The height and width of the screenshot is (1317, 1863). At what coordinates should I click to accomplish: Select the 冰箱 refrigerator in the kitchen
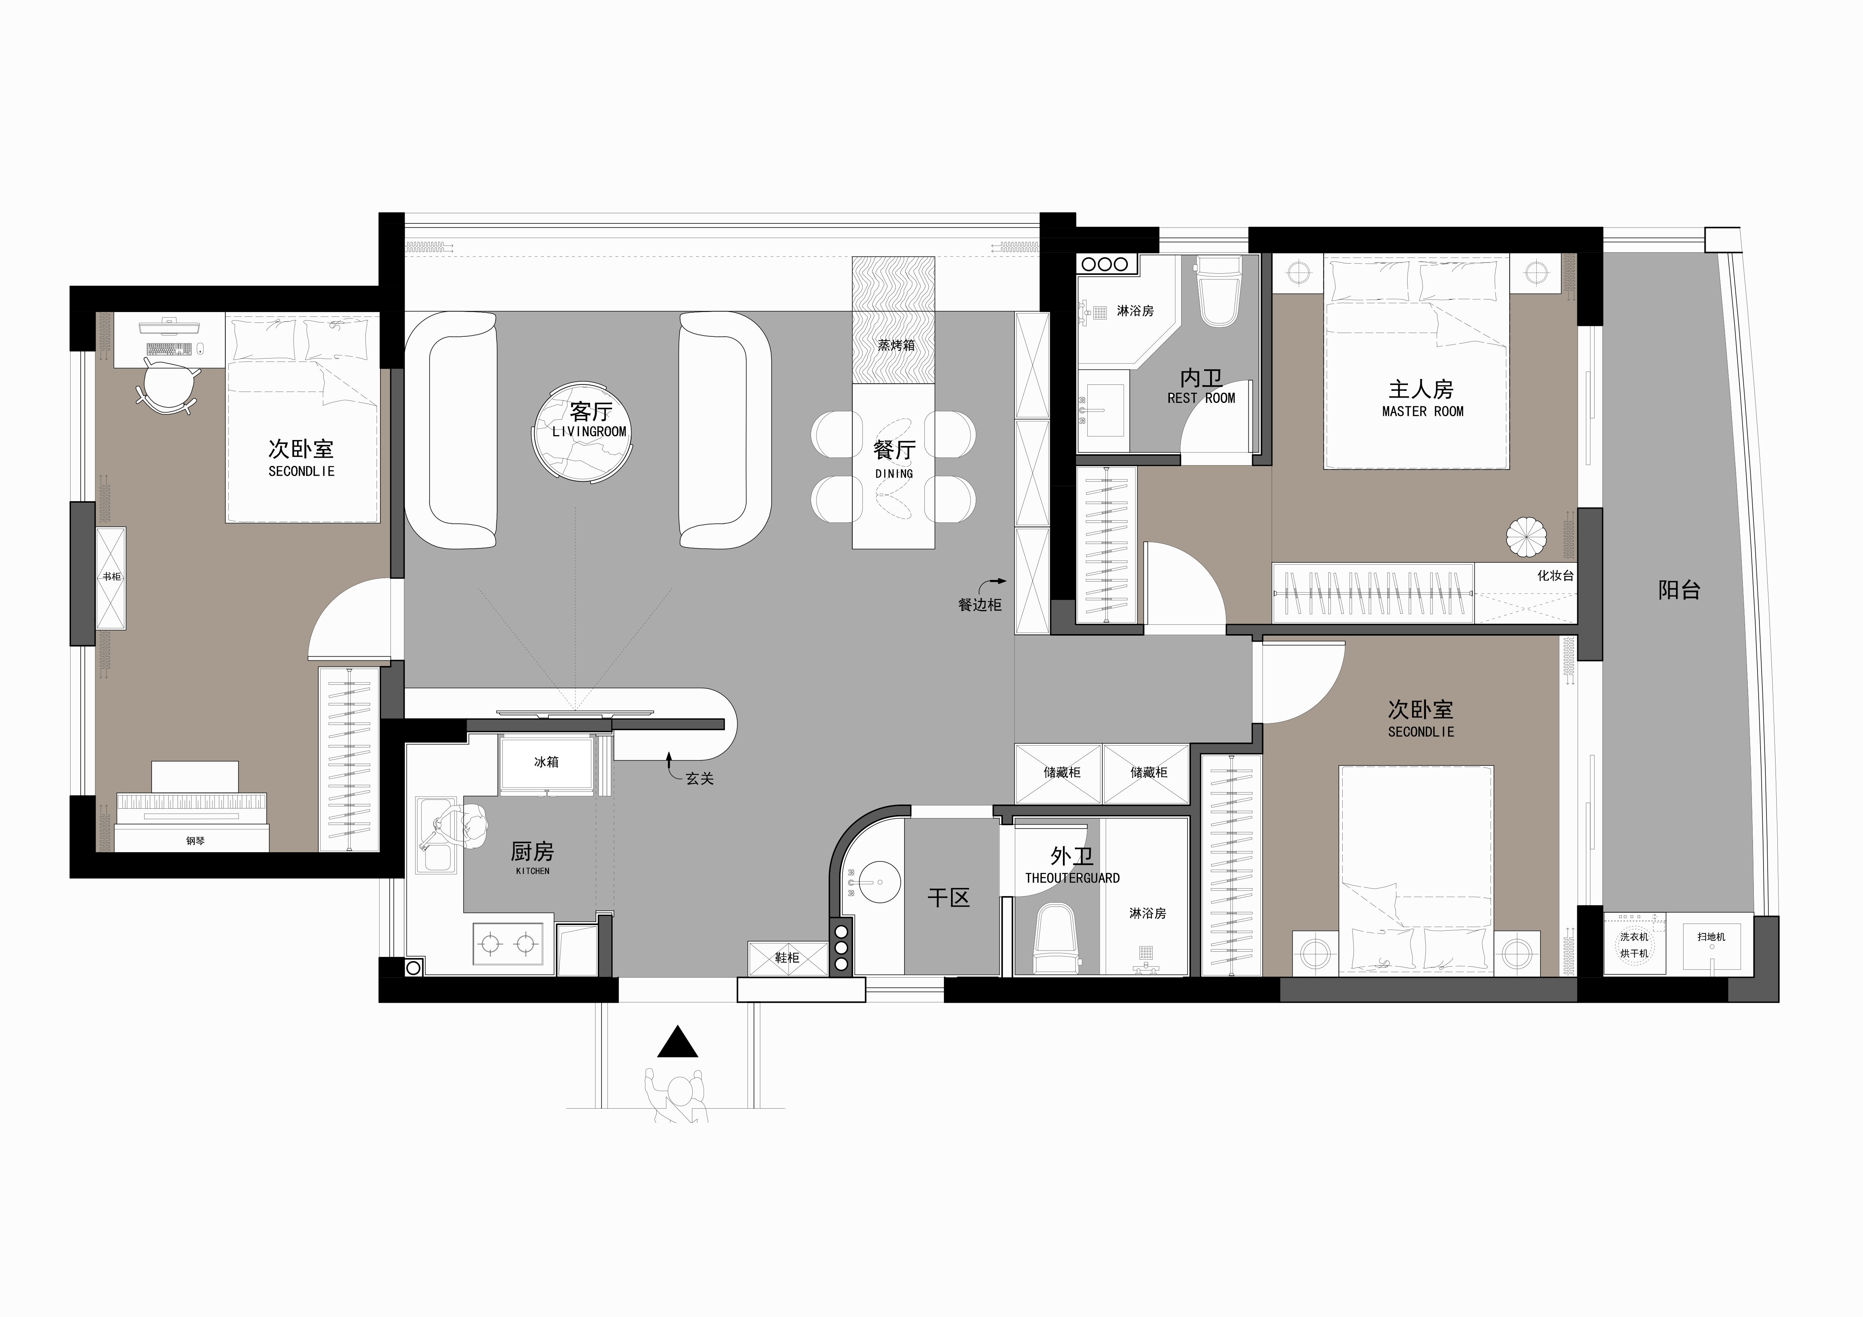pyautogui.click(x=546, y=762)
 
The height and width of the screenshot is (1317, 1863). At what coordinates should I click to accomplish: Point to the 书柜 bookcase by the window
pyautogui.click(x=111, y=577)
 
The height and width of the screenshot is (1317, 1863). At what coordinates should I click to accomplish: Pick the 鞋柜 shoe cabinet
pyautogui.click(x=786, y=958)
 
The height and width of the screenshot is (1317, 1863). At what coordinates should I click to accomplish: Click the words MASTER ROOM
pyautogui.click(x=1422, y=411)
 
